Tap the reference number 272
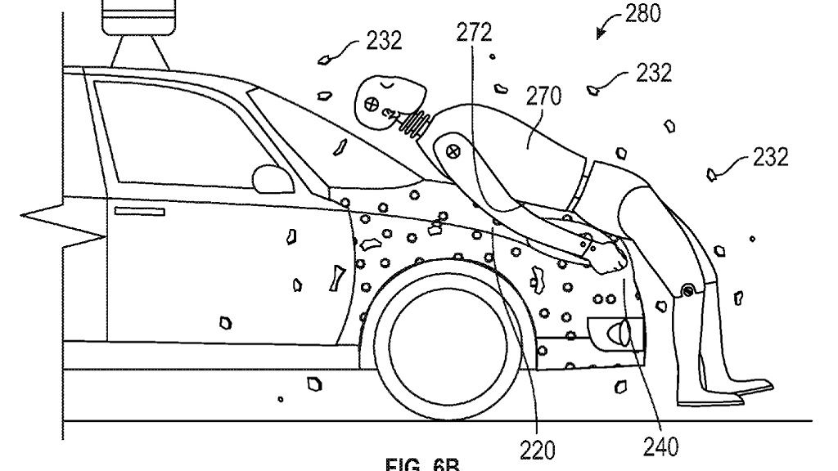[475, 34]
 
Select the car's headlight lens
[622, 332]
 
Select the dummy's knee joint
[687, 290]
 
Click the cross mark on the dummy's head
[370, 104]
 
